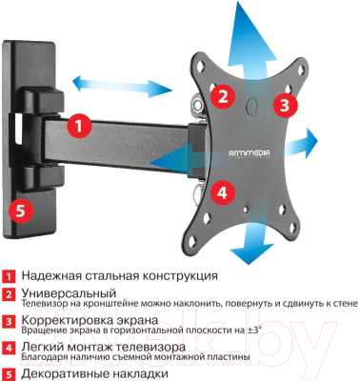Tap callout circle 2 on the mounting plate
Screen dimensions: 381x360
click(222, 95)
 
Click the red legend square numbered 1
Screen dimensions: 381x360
click(10, 275)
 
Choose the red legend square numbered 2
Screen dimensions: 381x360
click(10, 294)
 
